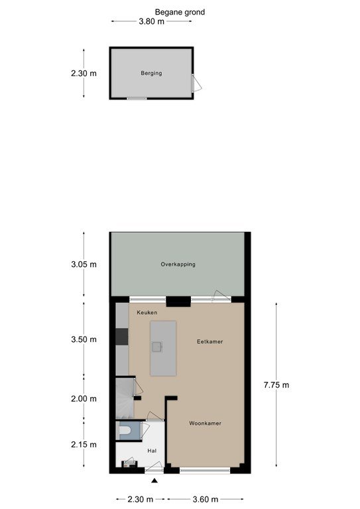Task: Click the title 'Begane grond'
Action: tap(180, 13)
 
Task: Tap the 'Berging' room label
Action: tap(151, 73)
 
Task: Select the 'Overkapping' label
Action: tap(178, 264)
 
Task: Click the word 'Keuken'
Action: tap(147, 312)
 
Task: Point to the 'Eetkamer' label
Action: tap(210, 341)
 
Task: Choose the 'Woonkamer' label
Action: tap(205, 424)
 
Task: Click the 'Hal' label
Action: tap(152, 451)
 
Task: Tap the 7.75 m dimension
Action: tap(276, 385)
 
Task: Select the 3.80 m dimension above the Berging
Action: tap(152, 21)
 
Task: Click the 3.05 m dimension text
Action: tap(84, 264)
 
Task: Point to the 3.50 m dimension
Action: tap(84, 339)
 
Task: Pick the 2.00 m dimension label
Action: tap(84, 398)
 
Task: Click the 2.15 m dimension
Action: tap(84, 445)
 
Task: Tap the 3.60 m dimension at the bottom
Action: tap(206, 499)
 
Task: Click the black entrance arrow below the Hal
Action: tap(154, 481)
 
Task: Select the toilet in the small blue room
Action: tap(125, 430)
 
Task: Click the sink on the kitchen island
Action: tap(156, 347)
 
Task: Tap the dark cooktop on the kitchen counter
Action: tap(122, 336)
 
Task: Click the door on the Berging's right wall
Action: tap(196, 83)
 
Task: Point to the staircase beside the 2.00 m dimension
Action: tap(125, 398)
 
